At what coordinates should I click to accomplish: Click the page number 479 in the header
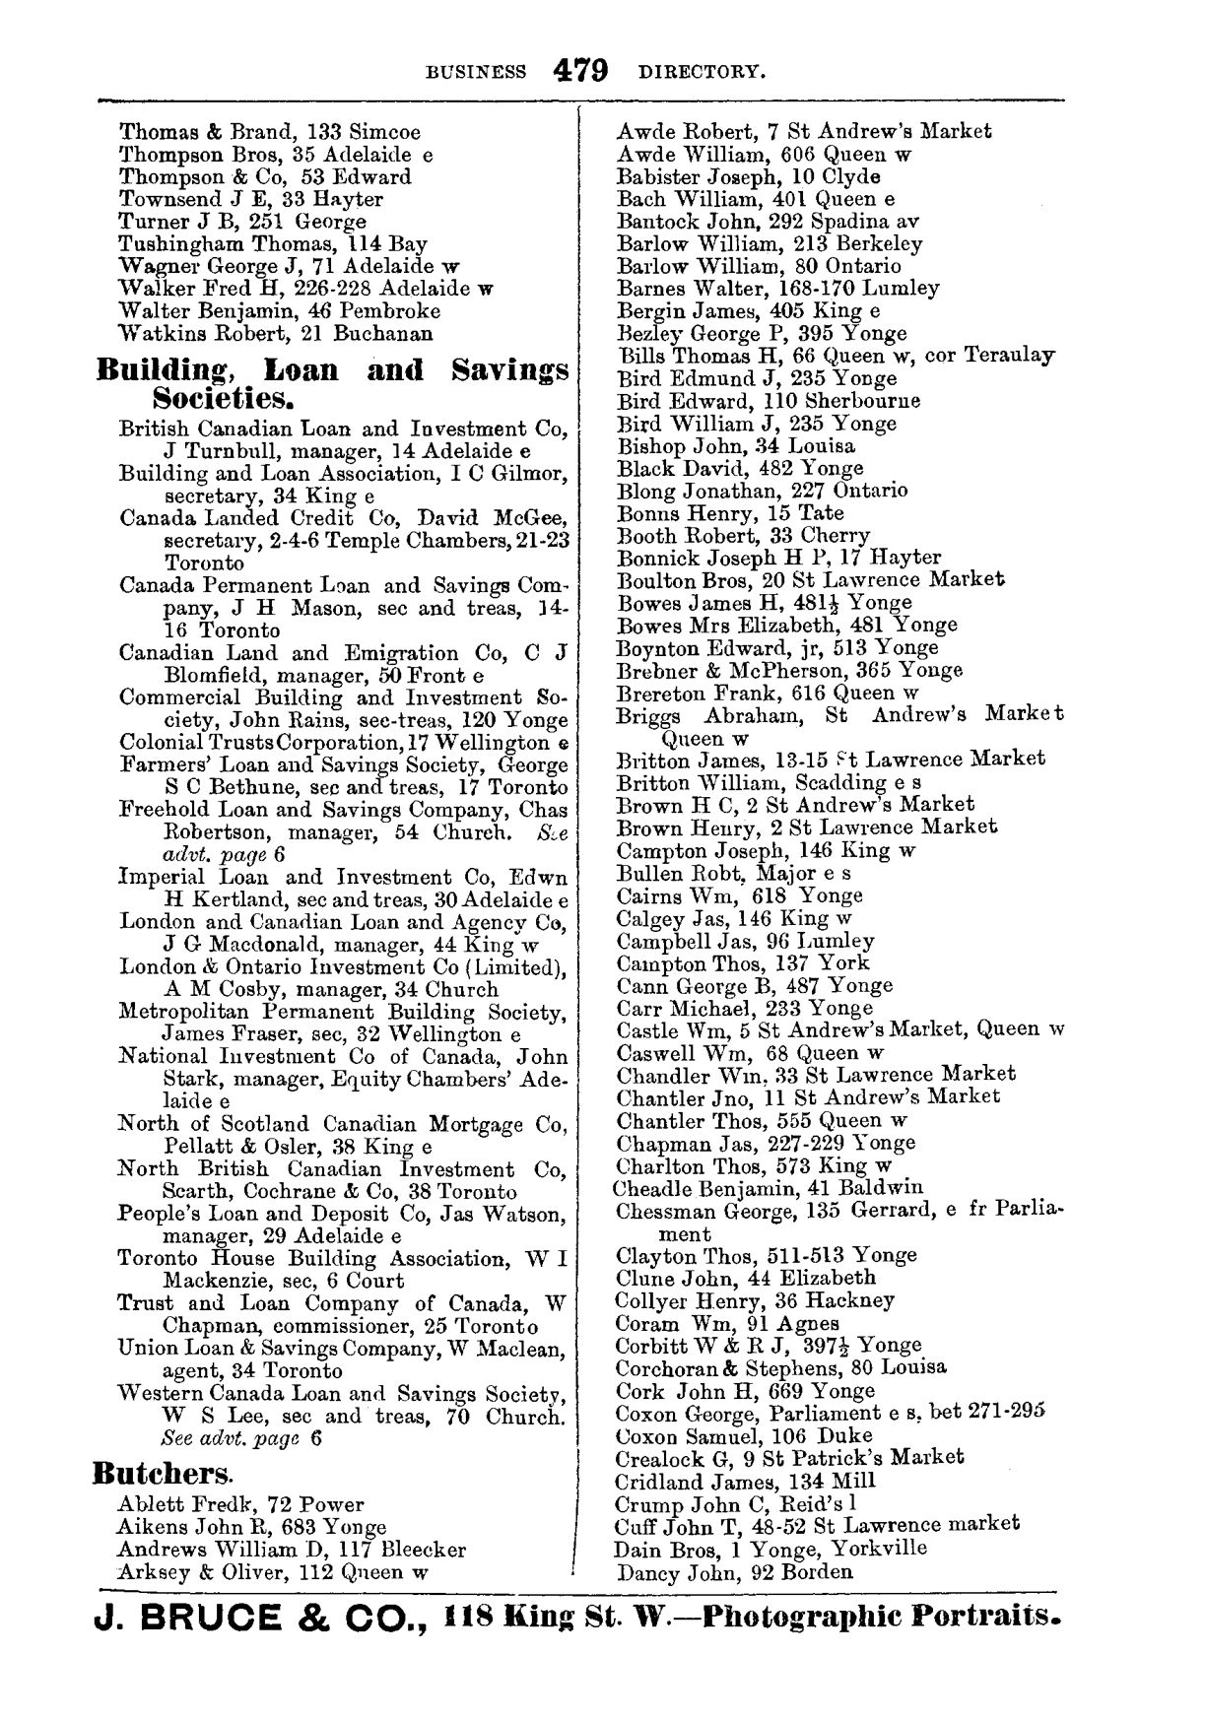(x=581, y=71)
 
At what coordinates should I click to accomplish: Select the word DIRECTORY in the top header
(x=702, y=72)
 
